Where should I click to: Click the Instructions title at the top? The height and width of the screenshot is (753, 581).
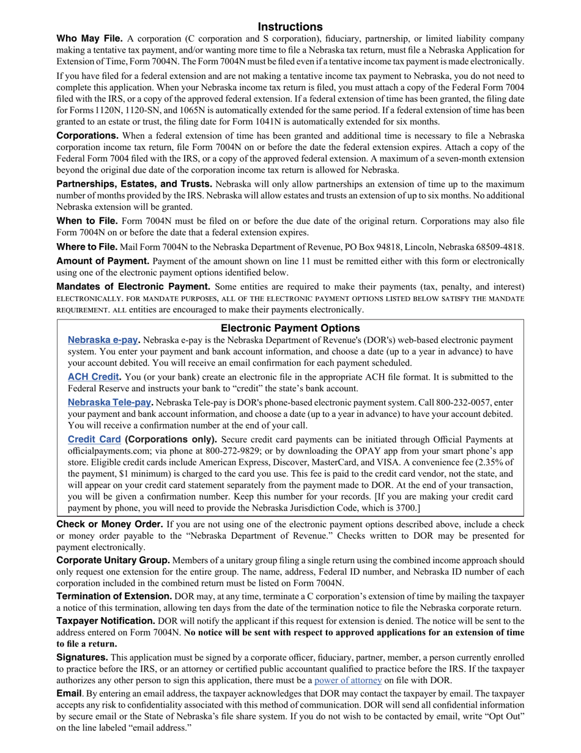[290, 26]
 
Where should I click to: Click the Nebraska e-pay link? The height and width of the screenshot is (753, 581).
[102, 340]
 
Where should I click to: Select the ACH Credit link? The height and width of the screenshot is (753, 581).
[93, 377]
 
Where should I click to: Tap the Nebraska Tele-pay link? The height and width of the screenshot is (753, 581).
[109, 402]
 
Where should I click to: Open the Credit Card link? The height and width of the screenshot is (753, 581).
[94, 439]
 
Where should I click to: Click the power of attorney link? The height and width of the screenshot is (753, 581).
[348, 680]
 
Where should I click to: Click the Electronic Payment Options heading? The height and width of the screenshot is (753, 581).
[290, 328]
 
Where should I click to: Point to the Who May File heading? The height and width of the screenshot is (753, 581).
[89, 39]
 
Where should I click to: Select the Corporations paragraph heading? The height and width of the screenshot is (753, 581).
[87, 135]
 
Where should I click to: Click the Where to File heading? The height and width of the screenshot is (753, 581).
[87, 247]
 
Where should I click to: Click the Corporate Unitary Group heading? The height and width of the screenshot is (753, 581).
[113, 560]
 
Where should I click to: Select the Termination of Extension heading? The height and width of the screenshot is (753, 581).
[114, 596]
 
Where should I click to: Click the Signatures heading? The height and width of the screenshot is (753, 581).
[82, 657]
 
